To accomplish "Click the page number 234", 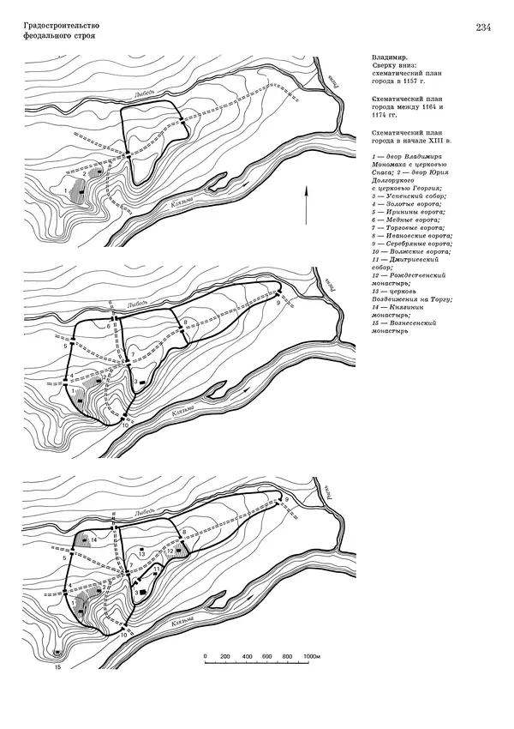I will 481,28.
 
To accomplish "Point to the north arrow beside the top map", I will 306,207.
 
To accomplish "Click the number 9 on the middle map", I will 279,302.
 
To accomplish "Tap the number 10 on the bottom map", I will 124,636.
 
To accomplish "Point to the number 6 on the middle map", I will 109,328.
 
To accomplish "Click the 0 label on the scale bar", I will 206,656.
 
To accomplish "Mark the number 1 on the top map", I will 66,189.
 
